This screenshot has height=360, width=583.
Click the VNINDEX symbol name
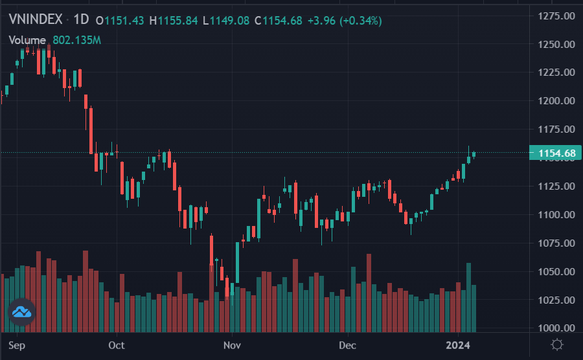[36, 20]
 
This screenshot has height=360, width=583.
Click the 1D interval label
[80, 20]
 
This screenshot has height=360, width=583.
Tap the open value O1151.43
[120, 21]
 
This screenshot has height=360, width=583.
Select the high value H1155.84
[174, 21]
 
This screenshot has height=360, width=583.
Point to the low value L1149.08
[225, 21]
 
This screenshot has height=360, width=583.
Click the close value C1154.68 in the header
[279, 21]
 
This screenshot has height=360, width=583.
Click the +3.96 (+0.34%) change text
[345, 21]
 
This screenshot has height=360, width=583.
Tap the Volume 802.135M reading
[54, 40]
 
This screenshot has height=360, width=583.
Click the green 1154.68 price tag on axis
[553, 153]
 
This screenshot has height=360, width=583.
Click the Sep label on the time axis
[17, 345]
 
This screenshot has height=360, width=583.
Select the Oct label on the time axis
[117, 345]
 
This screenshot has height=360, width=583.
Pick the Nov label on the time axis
[231, 345]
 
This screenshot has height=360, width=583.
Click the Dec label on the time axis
[348, 345]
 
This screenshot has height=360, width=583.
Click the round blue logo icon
[21, 313]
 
